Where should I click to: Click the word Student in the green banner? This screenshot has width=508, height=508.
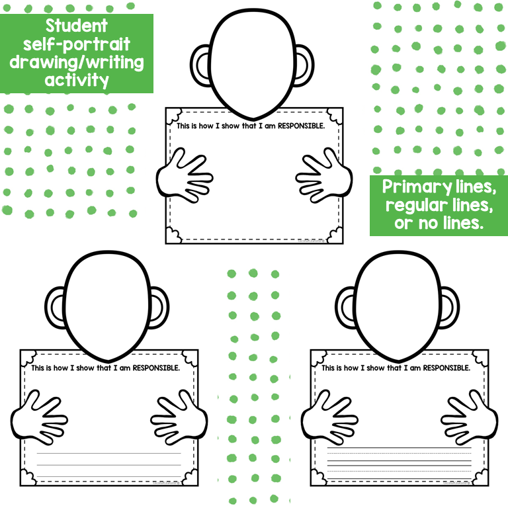[x=76, y=26]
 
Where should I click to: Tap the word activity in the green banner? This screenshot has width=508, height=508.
[x=76, y=80]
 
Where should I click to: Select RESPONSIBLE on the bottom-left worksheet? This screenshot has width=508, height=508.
[x=152, y=368]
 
